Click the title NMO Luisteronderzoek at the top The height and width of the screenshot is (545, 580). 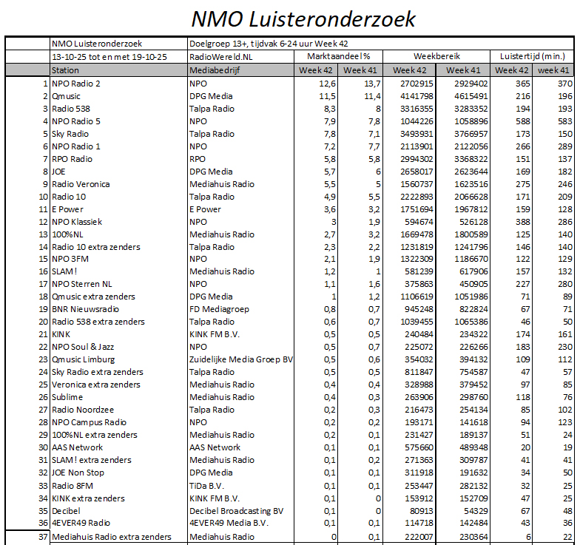click(x=303, y=18)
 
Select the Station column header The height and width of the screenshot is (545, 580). click(x=65, y=70)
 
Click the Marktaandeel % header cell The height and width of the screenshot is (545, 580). click(x=339, y=56)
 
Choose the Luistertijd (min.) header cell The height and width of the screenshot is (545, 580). click(x=532, y=56)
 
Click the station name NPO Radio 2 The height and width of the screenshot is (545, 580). click(x=76, y=84)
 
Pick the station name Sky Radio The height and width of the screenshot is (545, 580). click(x=70, y=134)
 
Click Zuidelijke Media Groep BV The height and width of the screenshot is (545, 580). click(x=241, y=359)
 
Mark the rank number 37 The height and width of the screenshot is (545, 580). click(x=42, y=537)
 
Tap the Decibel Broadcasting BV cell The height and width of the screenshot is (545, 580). click(x=236, y=510)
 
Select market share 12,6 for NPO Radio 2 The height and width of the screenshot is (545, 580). click(x=327, y=84)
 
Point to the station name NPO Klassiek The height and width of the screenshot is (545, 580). click(x=77, y=221)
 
